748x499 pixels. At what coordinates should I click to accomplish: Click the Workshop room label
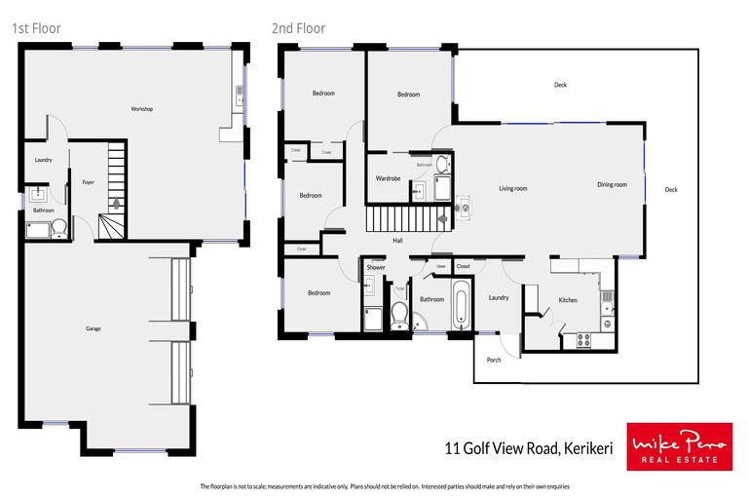tap(142, 108)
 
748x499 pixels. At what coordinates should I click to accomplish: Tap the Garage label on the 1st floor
tap(93, 328)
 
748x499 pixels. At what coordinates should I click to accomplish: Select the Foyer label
tap(88, 182)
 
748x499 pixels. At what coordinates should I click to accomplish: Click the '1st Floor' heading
tap(36, 28)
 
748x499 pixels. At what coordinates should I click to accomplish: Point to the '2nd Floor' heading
tap(298, 28)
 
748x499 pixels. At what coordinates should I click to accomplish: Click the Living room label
tap(512, 188)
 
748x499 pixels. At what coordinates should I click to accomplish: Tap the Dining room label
tap(612, 184)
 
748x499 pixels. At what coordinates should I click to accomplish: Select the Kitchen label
tap(568, 300)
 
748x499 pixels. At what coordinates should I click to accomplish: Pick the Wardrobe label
tap(389, 178)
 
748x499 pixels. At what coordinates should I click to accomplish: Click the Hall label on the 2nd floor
tap(397, 241)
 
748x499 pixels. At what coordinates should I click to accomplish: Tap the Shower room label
tap(376, 266)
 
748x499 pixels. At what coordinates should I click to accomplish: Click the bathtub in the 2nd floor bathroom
tap(460, 306)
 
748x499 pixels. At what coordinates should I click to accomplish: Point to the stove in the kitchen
tap(586, 340)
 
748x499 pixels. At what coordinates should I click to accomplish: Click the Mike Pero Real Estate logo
tap(679, 447)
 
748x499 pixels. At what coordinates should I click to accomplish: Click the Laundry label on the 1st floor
tap(43, 160)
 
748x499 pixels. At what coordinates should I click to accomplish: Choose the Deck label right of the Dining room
tap(671, 189)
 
